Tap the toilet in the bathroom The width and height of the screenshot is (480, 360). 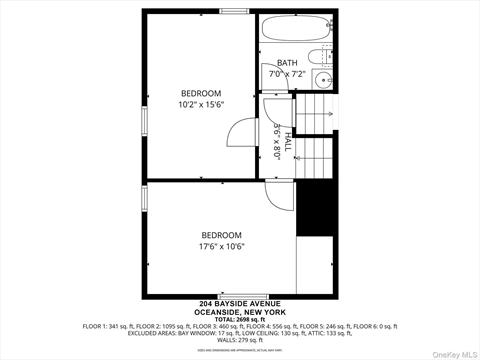tap(320, 56)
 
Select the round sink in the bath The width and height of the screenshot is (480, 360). tap(322, 80)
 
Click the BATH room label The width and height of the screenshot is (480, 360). tap(287, 62)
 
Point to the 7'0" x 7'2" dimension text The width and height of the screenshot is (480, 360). tap(288, 74)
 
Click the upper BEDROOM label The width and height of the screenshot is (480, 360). tap(200, 93)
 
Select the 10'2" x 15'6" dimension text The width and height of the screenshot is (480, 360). tap(200, 105)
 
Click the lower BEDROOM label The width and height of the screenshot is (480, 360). tap(221, 235)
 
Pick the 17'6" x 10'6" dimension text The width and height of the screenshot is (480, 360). tap(221, 247)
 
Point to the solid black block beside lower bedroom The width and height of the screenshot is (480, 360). tap(313, 208)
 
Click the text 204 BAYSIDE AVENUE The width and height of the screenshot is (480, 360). tap(239, 303)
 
